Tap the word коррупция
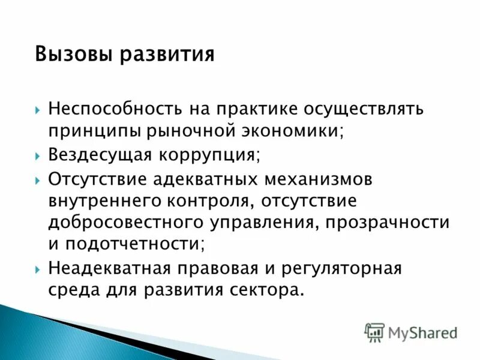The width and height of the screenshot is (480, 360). (x=209, y=155)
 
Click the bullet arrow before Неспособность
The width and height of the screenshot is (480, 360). (x=38, y=110)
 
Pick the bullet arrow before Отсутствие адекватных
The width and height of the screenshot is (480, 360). (x=38, y=179)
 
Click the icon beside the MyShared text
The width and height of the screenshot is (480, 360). (x=374, y=332)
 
